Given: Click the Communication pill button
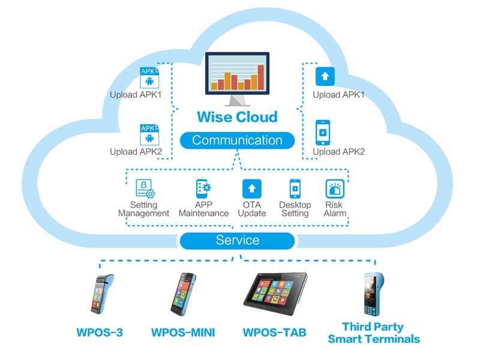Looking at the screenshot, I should pyautogui.click(x=237, y=140).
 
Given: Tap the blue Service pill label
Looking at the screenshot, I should pyautogui.click(x=237, y=241).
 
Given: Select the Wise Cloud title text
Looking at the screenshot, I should pyautogui.click(x=238, y=116).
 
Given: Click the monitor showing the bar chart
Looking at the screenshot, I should pyautogui.click(x=237, y=75).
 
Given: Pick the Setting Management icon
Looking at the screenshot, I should pyautogui.click(x=145, y=189).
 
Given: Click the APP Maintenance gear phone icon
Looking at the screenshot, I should pyautogui.click(x=203, y=189).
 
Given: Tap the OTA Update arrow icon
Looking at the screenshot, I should pyautogui.click(x=251, y=189).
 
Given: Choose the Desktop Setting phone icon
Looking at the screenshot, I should pyautogui.click(x=295, y=189).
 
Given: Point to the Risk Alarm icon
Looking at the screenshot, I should pyautogui.click(x=334, y=189).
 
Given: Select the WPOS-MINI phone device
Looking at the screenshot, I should pyautogui.click(x=184, y=294).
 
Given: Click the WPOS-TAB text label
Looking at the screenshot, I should pyautogui.click(x=274, y=332).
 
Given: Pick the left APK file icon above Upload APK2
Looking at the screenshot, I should pyautogui.click(x=148, y=134).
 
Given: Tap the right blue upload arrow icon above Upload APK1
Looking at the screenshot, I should pyautogui.click(x=325, y=77).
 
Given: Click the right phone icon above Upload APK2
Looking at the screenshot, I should pyautogui.click(x=323, y=131).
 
